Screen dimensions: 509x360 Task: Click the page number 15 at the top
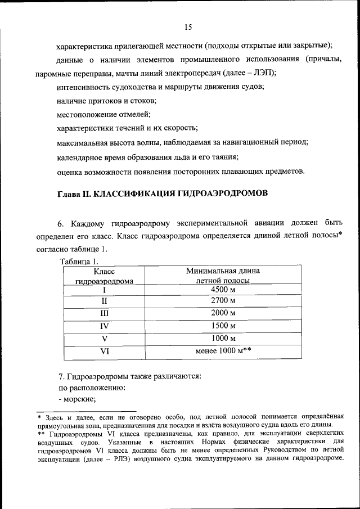pos(188,27)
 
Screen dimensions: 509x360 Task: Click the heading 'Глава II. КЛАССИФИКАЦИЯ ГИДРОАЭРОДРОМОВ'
pos(162,193)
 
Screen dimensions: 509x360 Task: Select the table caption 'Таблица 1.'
pos(79,261)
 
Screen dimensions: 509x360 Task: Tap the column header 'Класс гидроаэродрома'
pos(104,276)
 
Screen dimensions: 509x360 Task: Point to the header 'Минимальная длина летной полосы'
pos(223,276)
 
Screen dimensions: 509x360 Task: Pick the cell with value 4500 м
pos(223,289)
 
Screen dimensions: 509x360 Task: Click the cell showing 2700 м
pos(223,301)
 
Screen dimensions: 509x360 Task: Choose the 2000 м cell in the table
pos(223,313)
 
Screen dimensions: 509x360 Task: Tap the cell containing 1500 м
pos(223,326)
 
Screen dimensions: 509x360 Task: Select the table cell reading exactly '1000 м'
pos(223,338)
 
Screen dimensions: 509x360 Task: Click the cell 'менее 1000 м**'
pos(223,351)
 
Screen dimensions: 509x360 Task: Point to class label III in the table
pos(104,313)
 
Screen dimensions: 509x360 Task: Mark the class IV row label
pos(104,326)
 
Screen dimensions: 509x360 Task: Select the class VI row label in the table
pos(104,351)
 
